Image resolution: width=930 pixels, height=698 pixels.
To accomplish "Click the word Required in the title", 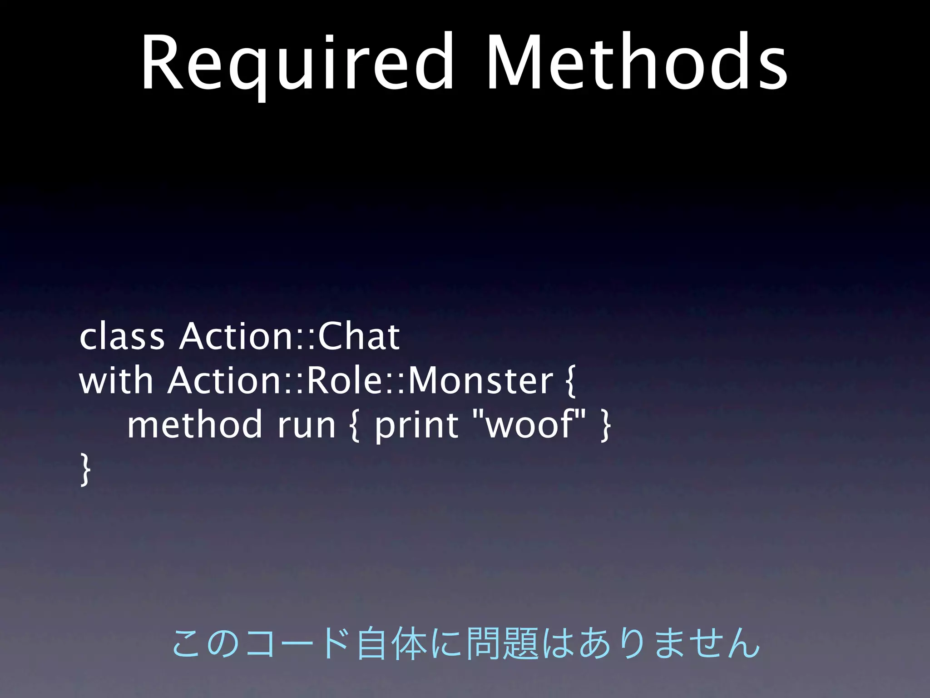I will click(297, 64).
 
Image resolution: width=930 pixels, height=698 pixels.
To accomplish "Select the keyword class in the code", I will click(122, 337).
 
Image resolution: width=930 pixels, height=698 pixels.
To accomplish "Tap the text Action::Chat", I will click(289, 337).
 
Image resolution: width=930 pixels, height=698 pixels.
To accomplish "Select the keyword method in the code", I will click(194, 424).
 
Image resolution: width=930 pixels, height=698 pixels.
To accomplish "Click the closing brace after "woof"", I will click(605, 425).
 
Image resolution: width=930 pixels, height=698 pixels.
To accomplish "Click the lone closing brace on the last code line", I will click(85, 469).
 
